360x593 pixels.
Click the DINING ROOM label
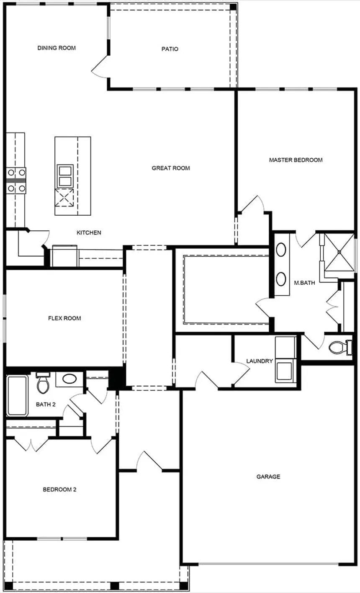point(57,48)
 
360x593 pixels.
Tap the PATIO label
point(170,49)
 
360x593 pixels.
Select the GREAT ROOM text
point(171,168)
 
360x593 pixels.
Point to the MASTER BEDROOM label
point(296,160)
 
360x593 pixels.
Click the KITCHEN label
point(89,233)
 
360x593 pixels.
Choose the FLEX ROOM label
point(64,318)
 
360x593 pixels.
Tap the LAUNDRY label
point(260,361)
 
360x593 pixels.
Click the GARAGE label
point(268,477)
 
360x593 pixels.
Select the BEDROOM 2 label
point(59,490)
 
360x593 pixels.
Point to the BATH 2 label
point(46,405)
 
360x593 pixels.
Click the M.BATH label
point(304,283)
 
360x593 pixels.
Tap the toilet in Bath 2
point(42,383)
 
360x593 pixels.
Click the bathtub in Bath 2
point(17,395)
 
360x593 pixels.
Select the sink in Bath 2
point(69,379)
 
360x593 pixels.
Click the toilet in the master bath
point(339,347)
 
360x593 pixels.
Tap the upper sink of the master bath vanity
point(281,250)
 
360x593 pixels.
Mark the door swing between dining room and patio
point(100,67)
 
